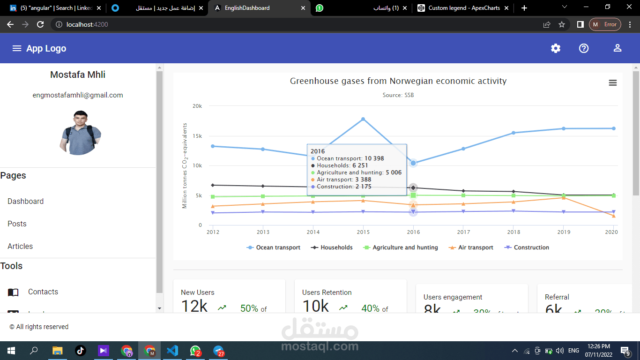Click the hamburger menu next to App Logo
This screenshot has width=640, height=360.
[x=17, y=48]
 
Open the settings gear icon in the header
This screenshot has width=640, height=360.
[x=556, y=48]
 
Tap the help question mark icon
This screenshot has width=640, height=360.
[x=584, y=48]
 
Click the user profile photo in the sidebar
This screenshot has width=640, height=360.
[x=81, y=133]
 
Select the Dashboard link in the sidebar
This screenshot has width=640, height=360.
[x=26, y=201]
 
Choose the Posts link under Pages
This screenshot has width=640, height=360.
[x=17, y=224]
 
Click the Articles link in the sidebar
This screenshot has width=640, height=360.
[x=20, y=246]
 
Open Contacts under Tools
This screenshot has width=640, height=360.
[x=43, y=292]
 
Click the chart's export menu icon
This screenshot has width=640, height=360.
[x=612, y=83]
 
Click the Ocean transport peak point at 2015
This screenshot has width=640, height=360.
[x=363, y=119]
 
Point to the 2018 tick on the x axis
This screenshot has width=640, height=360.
[x=513, y=232]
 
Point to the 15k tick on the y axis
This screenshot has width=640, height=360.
[x=197, y=136]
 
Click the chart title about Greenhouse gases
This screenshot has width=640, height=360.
[x=398, y=81]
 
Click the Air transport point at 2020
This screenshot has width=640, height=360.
[x=613, y=216]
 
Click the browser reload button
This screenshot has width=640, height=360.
[x=40, y=24]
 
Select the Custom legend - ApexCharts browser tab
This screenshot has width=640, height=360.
[x=464, y=8]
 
